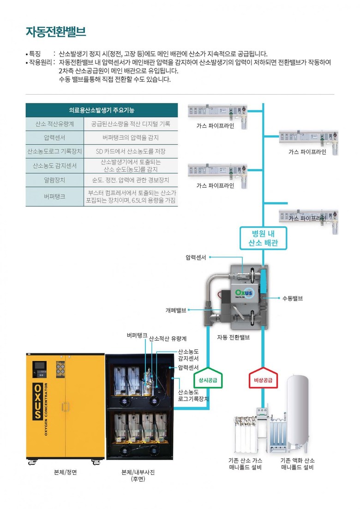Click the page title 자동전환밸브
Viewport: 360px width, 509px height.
(x=56, y=32)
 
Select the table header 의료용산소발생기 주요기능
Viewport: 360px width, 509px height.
(x=102, y=110)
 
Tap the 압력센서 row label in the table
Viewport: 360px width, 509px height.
(x=54, y=138)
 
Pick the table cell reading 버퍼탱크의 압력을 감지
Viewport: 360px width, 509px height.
(x=131, y=138)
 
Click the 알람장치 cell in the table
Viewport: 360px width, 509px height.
(x=54, y=180)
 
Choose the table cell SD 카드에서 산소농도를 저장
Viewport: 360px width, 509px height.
(x=131, y=151)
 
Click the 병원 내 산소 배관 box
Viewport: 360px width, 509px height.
(x=263, y=238)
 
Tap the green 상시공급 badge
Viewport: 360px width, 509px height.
(x=208, y=378)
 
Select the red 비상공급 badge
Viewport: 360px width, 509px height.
(x=263, y=378)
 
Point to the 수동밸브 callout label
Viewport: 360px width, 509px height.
(x=293, y=298)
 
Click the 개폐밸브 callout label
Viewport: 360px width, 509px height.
(x=176, y=310)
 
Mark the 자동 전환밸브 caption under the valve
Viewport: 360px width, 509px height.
(x=234, y=337)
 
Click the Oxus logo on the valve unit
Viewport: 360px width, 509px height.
(x=244, y=293)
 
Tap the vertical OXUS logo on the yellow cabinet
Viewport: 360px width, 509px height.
(x=38, y=401)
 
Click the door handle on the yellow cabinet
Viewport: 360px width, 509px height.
(x=66, y=407)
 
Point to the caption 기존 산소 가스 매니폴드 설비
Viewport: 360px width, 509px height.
(x=245, y=464)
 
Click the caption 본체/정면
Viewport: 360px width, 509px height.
(x=65, y=473)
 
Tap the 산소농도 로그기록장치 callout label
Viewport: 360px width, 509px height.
(x=193, y=395)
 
